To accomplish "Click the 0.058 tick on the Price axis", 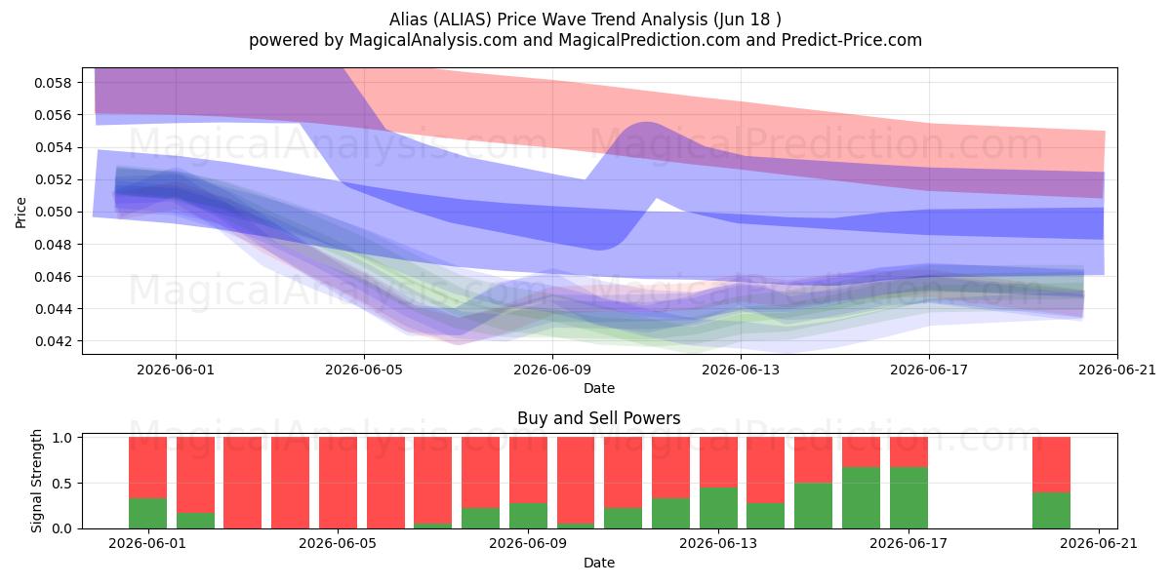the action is click(x=53, y=83).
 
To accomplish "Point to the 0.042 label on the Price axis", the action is click(x=53, y=341).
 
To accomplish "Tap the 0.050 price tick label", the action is click(x=53, y=213).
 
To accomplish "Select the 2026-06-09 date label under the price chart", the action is click(x=552, y=370).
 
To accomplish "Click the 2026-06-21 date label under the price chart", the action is click(x=1117, y=370).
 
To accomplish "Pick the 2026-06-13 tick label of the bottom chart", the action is click(x=718, y=544).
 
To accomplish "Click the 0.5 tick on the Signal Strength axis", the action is click(x=63, y=484).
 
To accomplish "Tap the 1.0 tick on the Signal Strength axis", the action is click(x=63, y=438).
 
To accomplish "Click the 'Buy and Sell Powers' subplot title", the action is click(x=599, y=418).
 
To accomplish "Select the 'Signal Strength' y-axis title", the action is click(x=36, y=481).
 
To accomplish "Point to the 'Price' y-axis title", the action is click(x=20, y=213).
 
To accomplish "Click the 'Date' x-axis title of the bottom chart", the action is click(x=599, y=564).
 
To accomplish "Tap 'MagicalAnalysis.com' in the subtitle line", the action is click(x=433, y=40).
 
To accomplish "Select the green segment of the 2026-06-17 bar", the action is click(x=909, y=498).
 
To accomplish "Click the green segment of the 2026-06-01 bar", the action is click(x=148, y=514).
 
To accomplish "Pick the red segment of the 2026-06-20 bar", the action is click(x=1051, y=465).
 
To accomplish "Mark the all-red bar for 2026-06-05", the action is click(x=339, y=483).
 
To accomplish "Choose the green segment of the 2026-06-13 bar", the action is click(x=719, y=508).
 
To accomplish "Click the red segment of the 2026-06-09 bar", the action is click(x=529, y=470).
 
